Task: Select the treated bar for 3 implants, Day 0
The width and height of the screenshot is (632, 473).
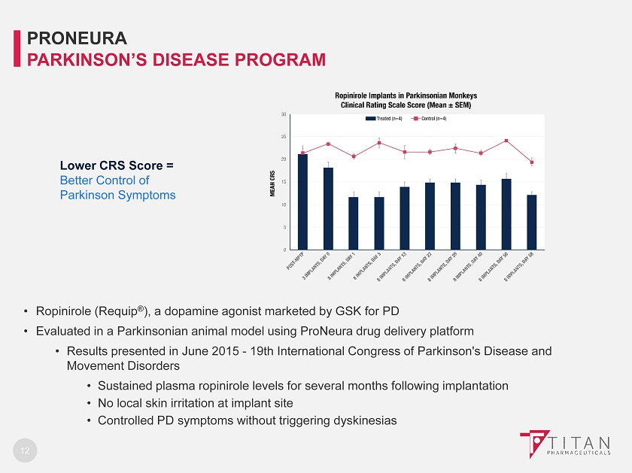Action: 328,208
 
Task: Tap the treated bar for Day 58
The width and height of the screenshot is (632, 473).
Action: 506,214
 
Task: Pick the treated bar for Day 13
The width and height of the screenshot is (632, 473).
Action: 404,218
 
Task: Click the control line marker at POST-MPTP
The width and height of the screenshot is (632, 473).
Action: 302,153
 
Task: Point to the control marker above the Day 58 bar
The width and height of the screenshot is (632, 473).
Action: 506,141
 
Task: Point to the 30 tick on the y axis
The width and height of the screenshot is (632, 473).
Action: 284,114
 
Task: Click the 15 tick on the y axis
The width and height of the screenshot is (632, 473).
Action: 284,182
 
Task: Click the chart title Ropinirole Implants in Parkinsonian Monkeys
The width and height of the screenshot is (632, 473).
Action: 406,96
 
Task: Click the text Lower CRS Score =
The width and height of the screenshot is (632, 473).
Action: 117,165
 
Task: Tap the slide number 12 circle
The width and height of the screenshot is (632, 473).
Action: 25,450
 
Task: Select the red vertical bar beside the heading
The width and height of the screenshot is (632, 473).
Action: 18,47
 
